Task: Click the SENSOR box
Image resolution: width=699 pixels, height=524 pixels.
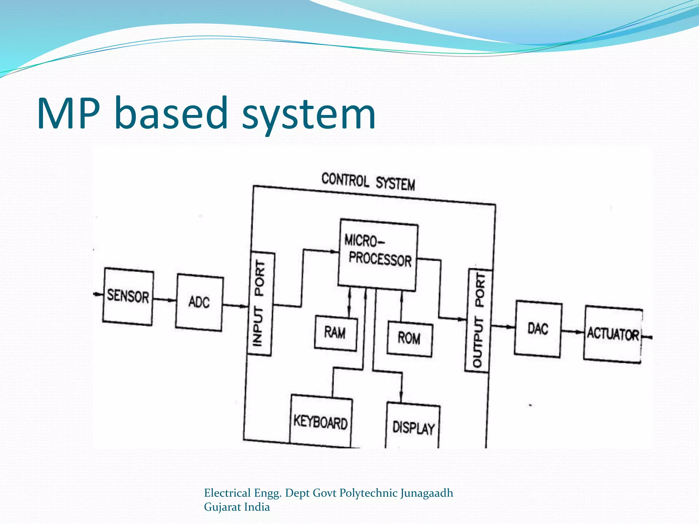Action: tap(128, 296)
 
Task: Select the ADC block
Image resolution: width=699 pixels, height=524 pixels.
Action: tap(199, 302)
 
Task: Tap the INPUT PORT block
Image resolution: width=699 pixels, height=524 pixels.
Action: tap(260, 304)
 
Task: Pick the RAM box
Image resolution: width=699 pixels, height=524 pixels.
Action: tap(336, 333)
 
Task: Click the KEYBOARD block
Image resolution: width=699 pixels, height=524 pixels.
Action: tap(321, 422)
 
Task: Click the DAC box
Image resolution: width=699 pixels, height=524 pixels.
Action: tap(538, 329)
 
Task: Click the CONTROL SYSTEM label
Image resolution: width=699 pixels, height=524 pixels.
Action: tap(368, 182)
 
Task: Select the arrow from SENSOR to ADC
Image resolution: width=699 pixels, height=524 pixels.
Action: tap(165, 300)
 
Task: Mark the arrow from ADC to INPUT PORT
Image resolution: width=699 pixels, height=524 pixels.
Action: tap(235, 306)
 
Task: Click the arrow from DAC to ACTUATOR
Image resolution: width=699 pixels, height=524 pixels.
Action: tap(572, 331)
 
